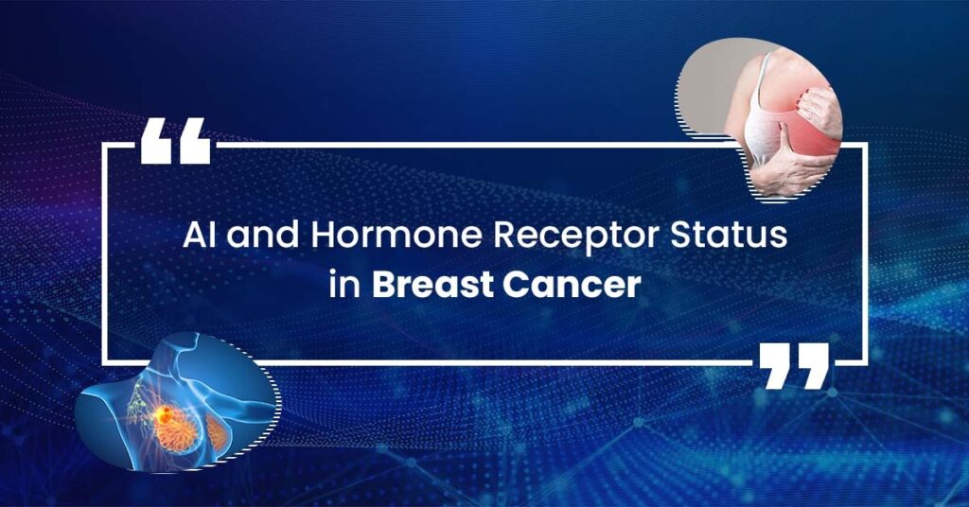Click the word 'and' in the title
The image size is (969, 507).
(x=263, y=236)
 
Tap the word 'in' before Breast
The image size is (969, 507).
(x=344, y=286)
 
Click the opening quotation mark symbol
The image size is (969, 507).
(x=175, y=141)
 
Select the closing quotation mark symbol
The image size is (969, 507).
(x=794, y=366)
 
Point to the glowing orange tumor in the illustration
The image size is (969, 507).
(x=165, y=416)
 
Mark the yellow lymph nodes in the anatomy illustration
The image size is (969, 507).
(x=140, y=401)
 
